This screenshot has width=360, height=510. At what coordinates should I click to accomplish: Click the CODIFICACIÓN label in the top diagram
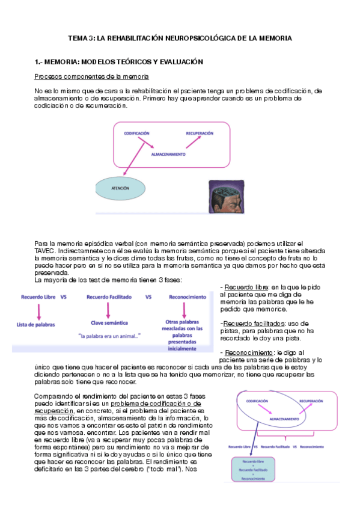coord(137,133)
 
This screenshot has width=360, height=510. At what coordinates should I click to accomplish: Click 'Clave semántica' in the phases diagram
coord(108,322)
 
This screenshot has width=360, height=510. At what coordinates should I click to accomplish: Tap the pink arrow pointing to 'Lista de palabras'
coord(39,310)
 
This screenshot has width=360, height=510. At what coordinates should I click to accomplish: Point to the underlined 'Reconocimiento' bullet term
coord(246,352)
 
